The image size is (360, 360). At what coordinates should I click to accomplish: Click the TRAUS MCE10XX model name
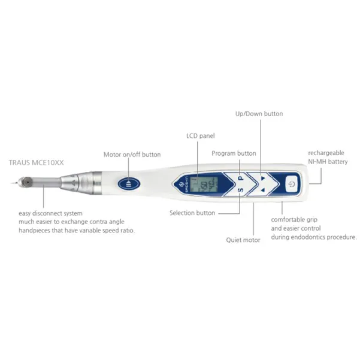[36, 162]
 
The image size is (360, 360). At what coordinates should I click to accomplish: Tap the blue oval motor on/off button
[129, 183]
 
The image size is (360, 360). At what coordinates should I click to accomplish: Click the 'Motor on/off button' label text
[132, 155]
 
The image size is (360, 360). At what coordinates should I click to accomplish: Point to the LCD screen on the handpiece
[204, 184]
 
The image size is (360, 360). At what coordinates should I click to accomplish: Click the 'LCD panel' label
[201, 136]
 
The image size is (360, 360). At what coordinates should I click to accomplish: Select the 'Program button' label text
[234, 153]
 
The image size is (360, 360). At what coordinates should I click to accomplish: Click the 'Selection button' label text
[192, 213]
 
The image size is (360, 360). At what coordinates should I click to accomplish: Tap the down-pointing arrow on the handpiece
[263, 178]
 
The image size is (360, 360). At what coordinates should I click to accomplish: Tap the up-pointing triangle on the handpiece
[263, 190]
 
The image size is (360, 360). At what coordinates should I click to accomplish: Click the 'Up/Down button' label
[259, 114]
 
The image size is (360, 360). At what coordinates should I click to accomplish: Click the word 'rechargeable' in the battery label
[326, 153]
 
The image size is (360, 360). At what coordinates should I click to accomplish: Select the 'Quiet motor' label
[243, 240]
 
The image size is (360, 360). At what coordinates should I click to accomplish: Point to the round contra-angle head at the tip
[26, 182]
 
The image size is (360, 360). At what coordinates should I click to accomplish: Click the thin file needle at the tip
[14, 183]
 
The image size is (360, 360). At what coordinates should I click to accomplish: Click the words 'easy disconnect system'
[50, 213]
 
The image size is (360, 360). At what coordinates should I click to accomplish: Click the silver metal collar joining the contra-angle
[97, 183]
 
